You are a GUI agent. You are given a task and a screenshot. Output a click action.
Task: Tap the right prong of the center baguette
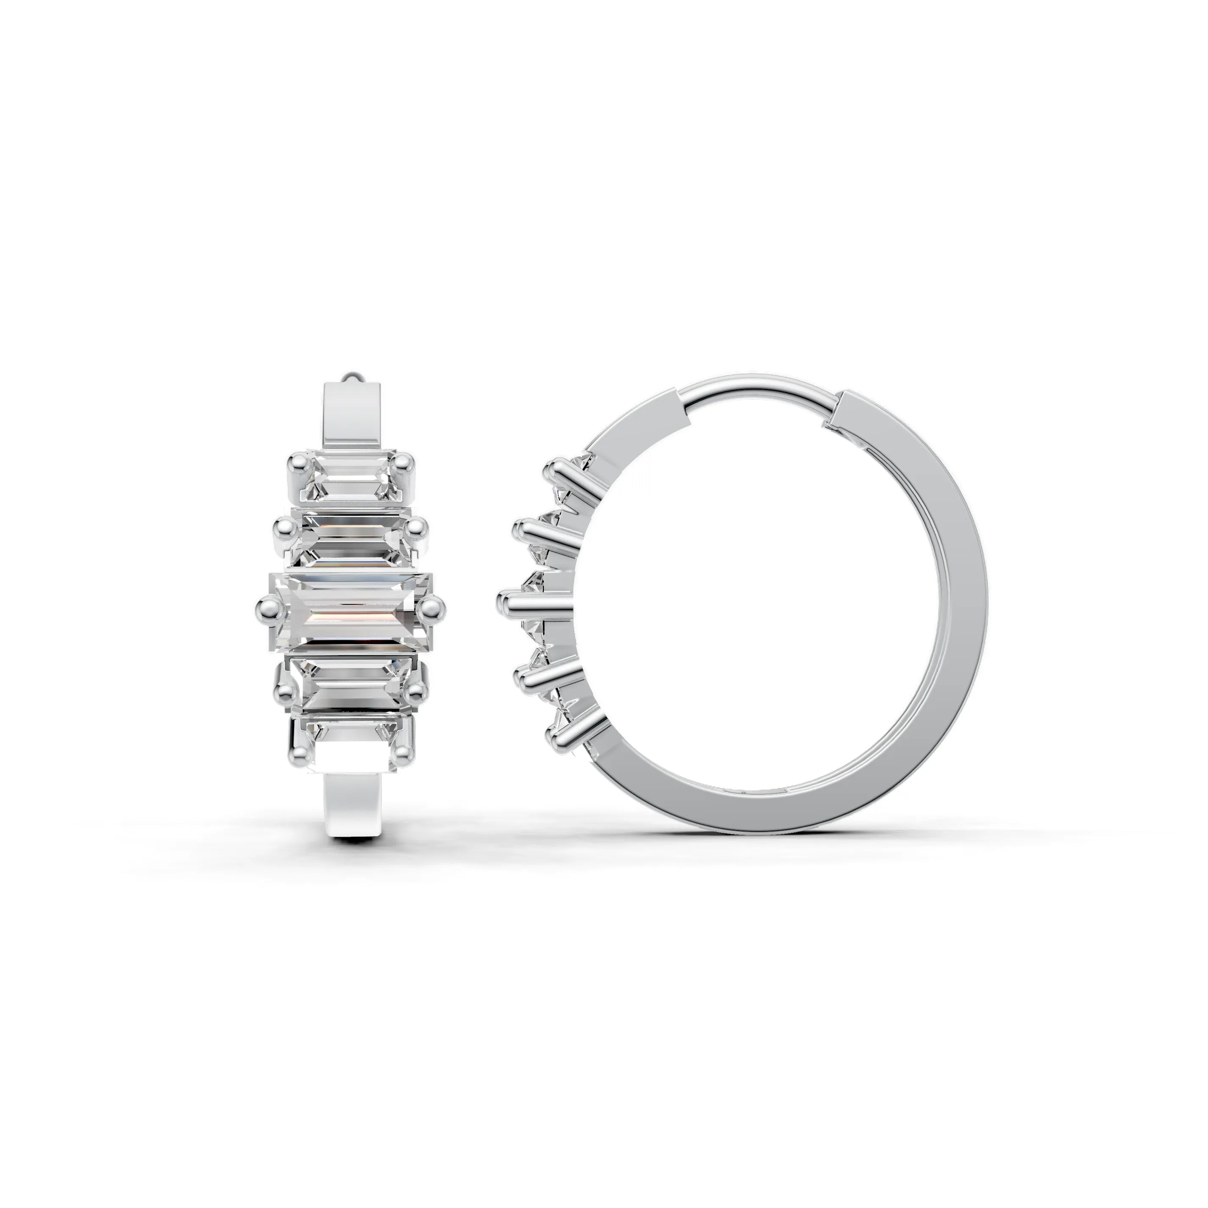pos(431,605)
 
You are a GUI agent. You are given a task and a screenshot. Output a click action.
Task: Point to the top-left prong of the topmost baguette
pos(296,463)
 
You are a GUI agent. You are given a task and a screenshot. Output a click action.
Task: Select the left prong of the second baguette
pos(283,528)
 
